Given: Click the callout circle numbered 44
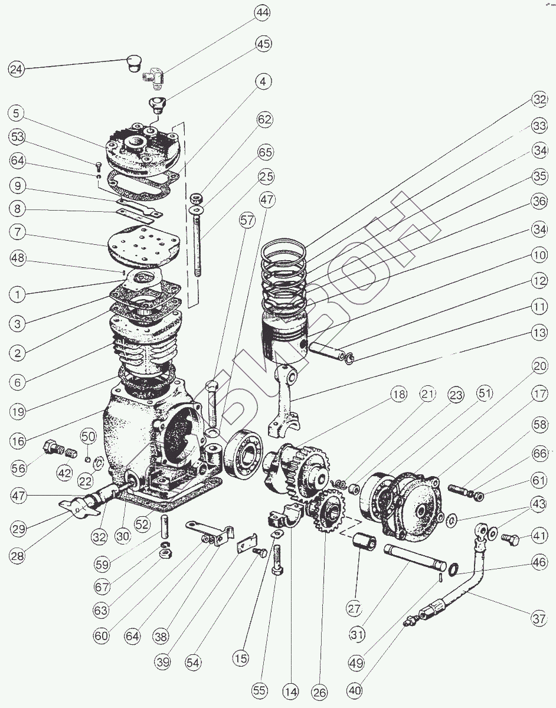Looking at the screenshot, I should point(263,12).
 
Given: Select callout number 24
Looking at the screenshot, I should point(17,69).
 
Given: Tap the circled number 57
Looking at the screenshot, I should point(248,221).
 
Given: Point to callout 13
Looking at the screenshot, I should point(539,333).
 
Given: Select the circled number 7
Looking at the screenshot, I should point(18,232).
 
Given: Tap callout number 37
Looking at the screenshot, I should point(538,619).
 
